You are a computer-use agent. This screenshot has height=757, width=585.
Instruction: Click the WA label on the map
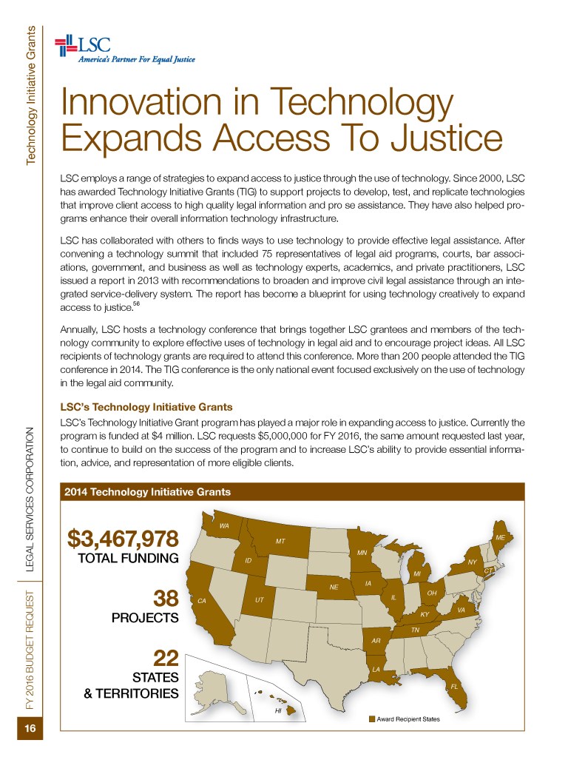(225, 525)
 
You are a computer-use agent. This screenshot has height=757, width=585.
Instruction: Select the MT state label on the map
(280, 541)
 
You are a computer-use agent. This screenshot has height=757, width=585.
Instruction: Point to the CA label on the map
(200, 602)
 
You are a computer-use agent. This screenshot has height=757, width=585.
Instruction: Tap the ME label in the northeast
(500, 536)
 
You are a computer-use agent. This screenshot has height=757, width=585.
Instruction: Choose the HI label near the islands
(277, 710)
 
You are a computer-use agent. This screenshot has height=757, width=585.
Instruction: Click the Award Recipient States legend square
(371, 719)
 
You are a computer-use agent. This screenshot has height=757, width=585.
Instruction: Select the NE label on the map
(334, 588)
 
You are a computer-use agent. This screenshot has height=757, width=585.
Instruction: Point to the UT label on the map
(259, 598)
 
